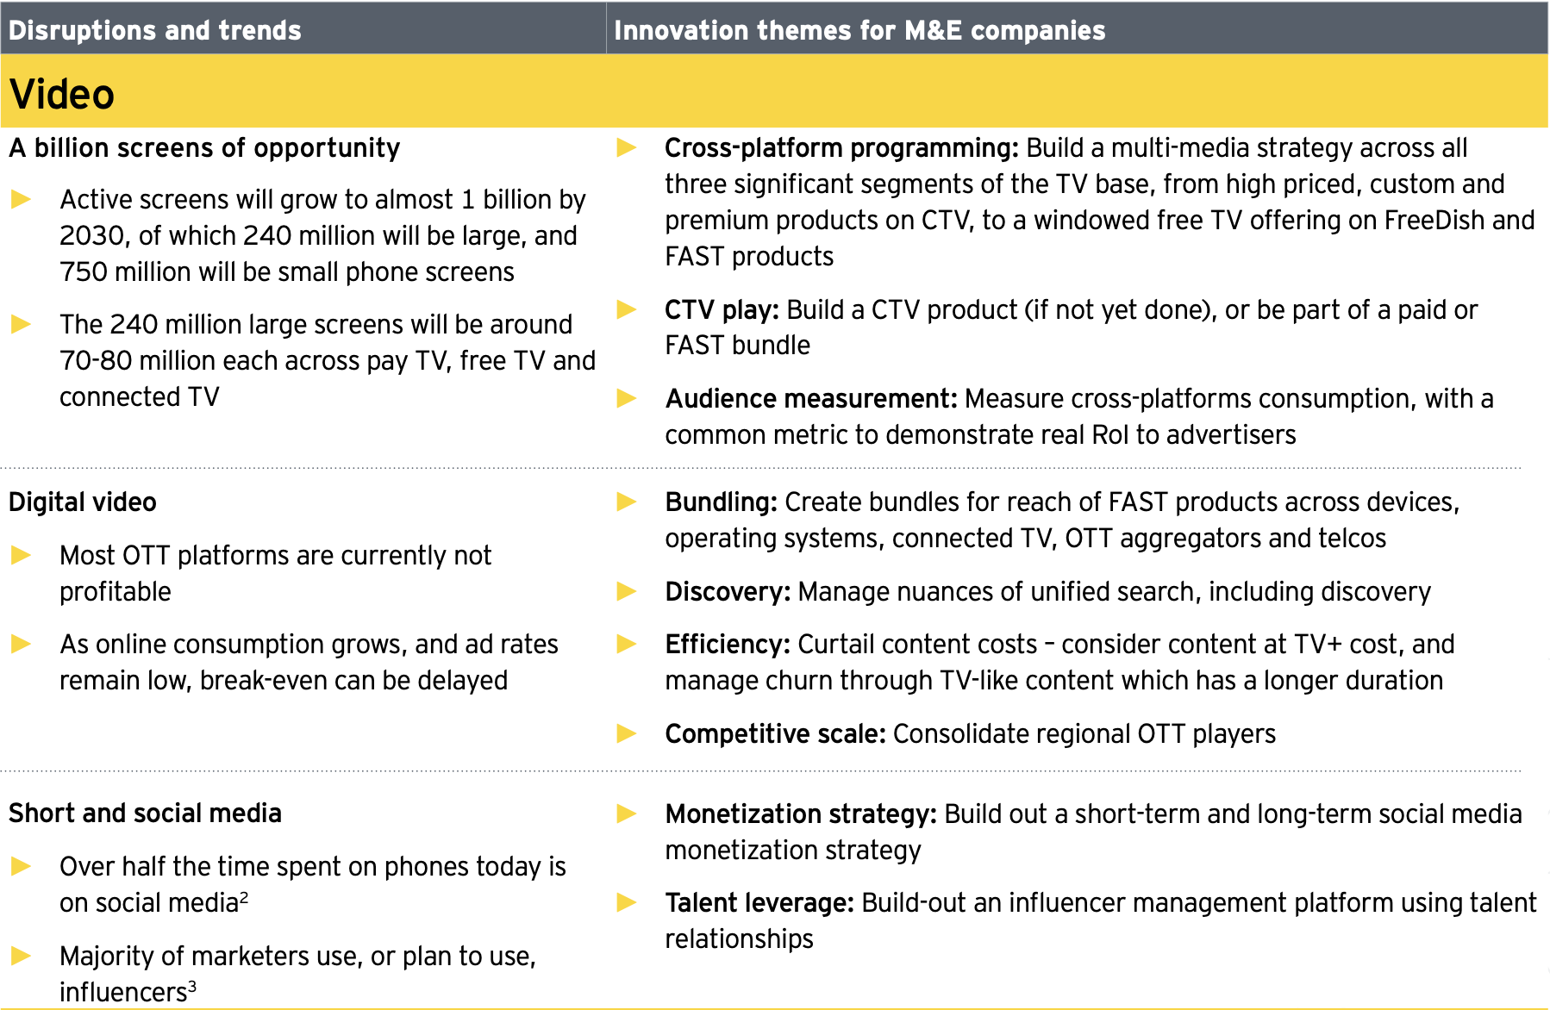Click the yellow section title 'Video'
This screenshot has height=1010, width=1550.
[x=62, y=94]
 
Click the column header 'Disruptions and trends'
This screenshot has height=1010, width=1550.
[x=155, y=30]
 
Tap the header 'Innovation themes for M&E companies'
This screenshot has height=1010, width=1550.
[x=859, y=30]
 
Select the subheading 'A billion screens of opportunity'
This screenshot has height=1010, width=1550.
[x=204, y=148]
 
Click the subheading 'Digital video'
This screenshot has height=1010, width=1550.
[x=83, y=502]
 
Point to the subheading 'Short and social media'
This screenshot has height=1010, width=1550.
[x=145, y=814]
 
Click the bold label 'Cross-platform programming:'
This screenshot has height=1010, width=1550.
[x=841, y=148]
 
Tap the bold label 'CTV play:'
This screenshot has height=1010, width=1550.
[x=722, y=309]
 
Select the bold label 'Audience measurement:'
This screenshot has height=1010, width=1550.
[x=811, y=399]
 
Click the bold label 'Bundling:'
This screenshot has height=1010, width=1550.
[x=722, y=502]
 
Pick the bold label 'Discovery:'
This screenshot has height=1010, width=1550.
[x=728, y=592]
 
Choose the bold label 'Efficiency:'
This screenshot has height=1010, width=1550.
[x=728, y=645]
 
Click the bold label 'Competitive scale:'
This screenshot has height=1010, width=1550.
[x=775, y=734]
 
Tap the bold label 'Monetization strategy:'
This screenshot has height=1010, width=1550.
[x=801, y=814]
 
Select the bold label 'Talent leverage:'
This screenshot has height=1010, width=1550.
[x=759, y=903]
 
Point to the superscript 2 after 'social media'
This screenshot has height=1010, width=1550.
[x=244, y=898]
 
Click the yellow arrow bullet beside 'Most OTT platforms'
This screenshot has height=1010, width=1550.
[x=22, y=556]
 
